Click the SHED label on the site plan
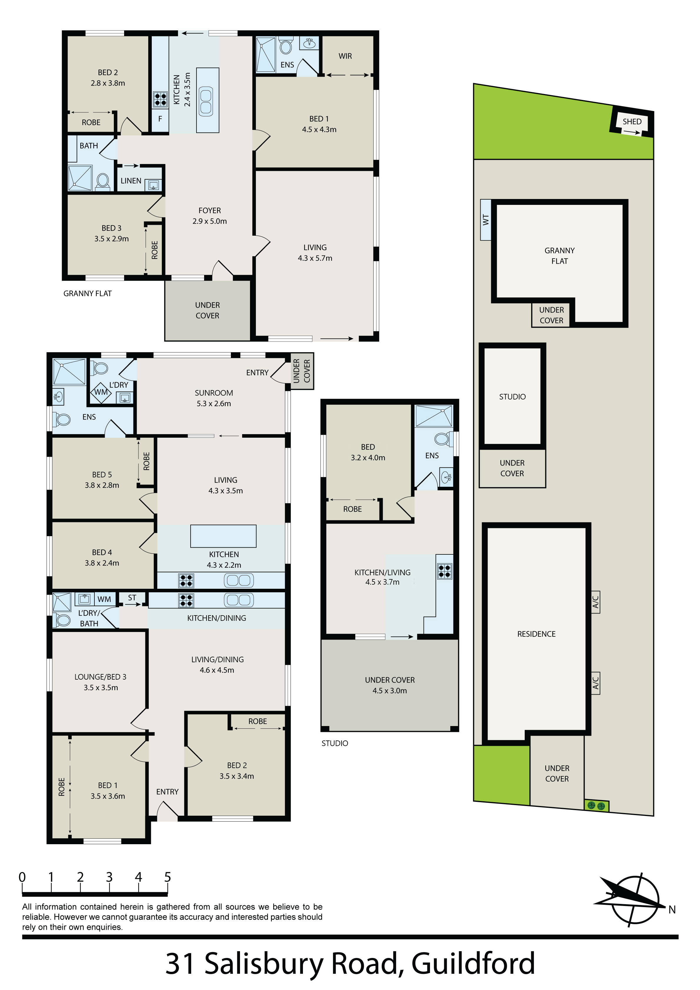coord(632,122)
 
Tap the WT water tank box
coord(486,220)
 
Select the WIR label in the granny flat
coord(345,56)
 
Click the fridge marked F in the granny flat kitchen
coord(160,118)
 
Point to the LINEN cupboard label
coord(131,181)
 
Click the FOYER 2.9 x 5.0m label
coord(210,215)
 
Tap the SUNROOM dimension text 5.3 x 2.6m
coord(214,404)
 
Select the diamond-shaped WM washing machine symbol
coord(101,392)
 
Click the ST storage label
coord(132,598)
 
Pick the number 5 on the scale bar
coord(167,877)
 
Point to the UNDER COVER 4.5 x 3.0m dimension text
coord(390,690)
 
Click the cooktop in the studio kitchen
coord(444,571)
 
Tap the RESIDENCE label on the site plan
coord(536,634)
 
